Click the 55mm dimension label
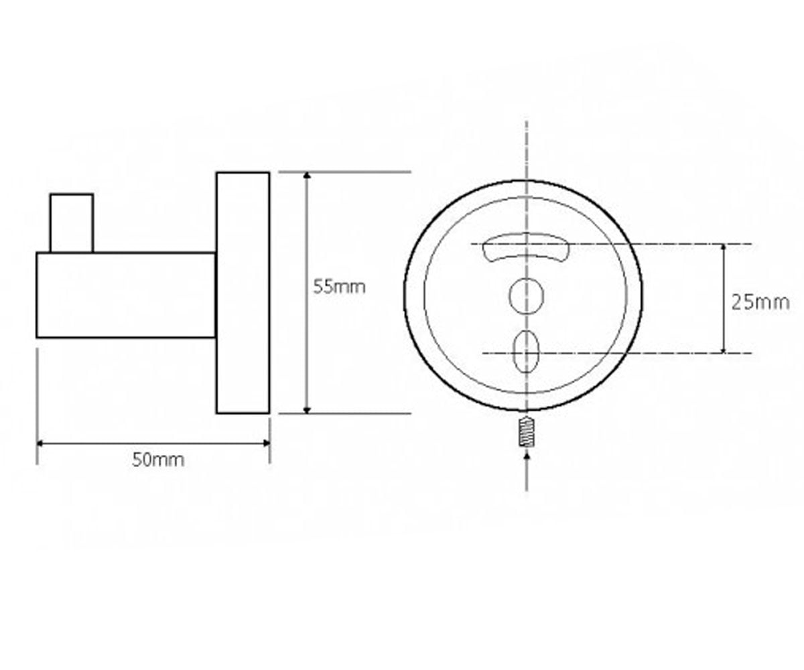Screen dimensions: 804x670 pos(339,287)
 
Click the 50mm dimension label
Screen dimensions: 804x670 pos(158,460)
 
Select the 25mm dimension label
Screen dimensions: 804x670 pos(760,303)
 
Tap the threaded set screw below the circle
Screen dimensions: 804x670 pos(527,432)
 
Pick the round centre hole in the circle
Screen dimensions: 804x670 pos(526,295)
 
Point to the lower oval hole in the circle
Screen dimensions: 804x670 pos(526,351)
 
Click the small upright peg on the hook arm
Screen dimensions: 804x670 pos(72,223)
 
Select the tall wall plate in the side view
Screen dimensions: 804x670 pos(243,293)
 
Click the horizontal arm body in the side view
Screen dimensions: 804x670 pos(125,295)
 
